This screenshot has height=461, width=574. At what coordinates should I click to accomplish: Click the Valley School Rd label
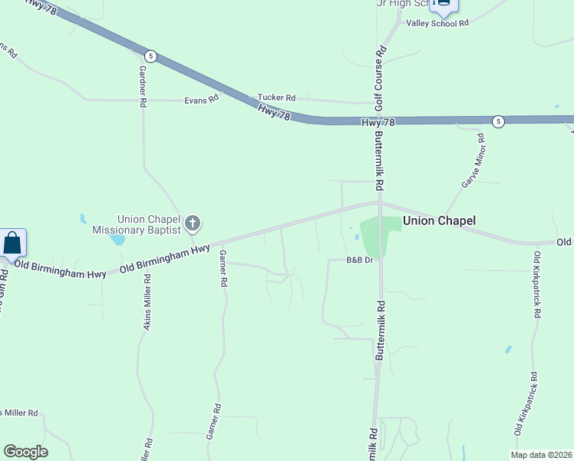pyautogui.click(x=437, y=24)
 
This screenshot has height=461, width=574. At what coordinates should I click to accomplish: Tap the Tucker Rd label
pyautogui.click(x=276, y=98)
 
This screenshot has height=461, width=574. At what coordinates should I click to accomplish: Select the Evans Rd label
pyautogui.click(x=202, y=99)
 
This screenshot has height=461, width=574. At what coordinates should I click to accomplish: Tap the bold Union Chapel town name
pyautogui.click(x=439, y=221)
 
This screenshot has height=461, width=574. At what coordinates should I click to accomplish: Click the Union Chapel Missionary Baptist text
pyautogui.click(x=137, y=224)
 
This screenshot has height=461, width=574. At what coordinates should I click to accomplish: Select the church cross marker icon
pyautogui.click(x=193, y=224)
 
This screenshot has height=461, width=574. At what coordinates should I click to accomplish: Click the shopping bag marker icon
pyautogui.click(x=13, y=243)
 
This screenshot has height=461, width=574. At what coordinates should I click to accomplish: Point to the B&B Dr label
pyautogui.click(x=359, y=260)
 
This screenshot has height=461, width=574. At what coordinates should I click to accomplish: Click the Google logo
pyautogui.click(x=25, y=452)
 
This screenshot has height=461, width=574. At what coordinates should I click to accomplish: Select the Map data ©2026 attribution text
pyautogui.click(x=542, y=455)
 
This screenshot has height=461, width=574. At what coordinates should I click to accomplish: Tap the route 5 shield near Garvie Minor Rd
pyautogui.click(x=498, y=121)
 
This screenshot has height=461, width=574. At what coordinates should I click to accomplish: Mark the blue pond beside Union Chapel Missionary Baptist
pyautogui.click(x=117, y=239)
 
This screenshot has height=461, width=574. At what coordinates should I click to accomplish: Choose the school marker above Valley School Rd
pyautogui.click(x=443, y=5)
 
